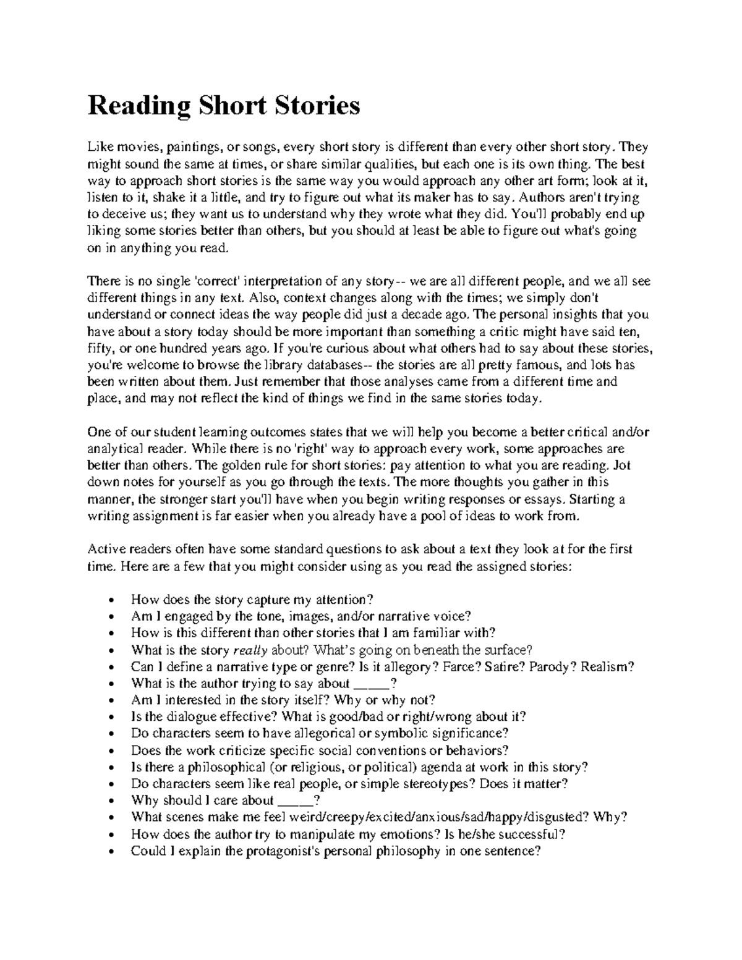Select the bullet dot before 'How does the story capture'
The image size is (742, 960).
pyautogui.click(x=111, y=600)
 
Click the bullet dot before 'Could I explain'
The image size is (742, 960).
pyautogui.click(x=111, y=851)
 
